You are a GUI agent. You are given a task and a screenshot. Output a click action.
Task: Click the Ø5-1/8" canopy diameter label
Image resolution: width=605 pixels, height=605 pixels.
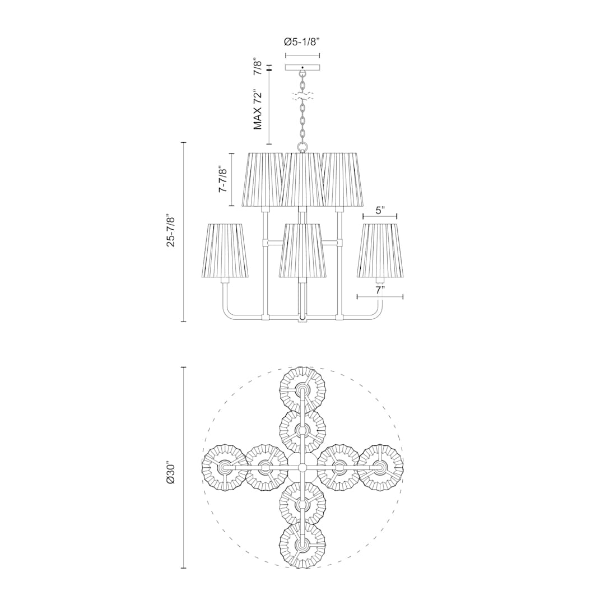pos(302,41)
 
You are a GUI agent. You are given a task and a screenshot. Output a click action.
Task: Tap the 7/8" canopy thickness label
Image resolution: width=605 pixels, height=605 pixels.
pos(258,66)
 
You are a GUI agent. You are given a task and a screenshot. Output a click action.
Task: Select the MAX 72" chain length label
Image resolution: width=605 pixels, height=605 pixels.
pos(258,109)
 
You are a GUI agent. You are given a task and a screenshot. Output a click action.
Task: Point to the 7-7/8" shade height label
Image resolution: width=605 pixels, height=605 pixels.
pos(222,179)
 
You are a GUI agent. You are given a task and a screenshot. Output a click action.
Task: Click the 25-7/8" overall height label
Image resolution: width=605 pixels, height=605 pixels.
pos(171,231)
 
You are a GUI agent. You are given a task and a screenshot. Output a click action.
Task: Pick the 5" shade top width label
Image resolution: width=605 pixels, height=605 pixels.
pos(380,210)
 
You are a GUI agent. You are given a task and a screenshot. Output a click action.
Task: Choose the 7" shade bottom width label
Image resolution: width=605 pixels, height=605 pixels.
pos(380,291)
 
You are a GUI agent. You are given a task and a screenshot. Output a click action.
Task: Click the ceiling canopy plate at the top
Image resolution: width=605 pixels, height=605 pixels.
pos(302,68)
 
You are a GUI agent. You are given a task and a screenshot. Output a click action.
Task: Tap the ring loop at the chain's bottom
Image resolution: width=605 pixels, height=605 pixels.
pos(302,147)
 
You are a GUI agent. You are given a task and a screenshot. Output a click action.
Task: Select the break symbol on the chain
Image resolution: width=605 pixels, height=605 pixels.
pos(302,96)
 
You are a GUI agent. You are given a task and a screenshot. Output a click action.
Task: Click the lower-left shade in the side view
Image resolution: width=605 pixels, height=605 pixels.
pos(225,250)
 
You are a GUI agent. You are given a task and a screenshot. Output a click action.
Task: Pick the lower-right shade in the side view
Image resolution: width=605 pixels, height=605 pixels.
pos(380,250)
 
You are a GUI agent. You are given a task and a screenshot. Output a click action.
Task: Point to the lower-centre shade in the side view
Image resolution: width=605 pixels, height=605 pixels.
pos(302,250)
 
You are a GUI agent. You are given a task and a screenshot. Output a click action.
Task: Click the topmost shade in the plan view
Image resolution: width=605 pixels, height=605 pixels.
pos(302,390)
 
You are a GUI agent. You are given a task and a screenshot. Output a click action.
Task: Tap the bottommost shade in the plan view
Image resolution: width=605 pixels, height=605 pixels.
pos(302,545)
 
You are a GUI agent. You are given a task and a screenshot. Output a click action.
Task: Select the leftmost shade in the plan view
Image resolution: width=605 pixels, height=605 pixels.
pos(225,467)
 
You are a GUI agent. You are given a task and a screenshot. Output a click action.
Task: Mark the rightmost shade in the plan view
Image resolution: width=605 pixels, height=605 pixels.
pos(380,467)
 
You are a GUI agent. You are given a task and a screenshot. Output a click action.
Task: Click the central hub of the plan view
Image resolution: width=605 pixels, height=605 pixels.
pos(302,467)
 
